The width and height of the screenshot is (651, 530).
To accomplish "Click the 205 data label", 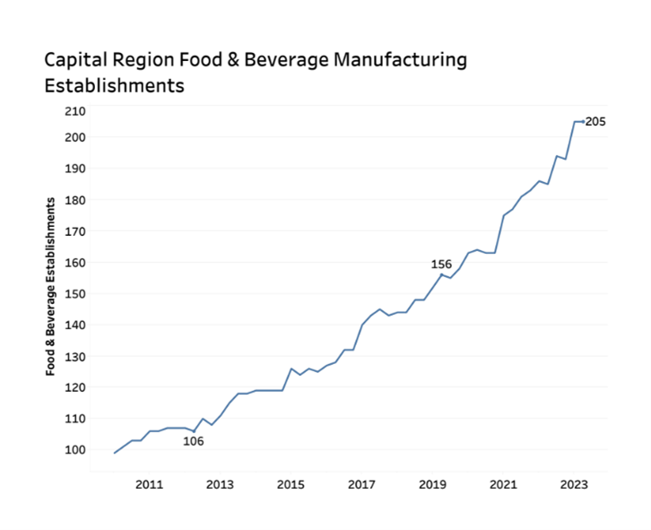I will (596, 122).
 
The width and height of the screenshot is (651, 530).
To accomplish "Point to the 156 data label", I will (441, 265).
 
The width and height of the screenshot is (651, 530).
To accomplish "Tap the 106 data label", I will (194, 440).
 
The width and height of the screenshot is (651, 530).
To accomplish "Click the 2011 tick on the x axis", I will (149, 485).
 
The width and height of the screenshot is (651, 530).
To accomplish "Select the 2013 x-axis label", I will (220, 485).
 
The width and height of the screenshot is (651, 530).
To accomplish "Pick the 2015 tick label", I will (291, 485).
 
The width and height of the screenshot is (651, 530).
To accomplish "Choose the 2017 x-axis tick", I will (361, 485).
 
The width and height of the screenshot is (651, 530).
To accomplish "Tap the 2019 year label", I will (432, 485).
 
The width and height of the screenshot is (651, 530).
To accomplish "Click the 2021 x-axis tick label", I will (503, 485).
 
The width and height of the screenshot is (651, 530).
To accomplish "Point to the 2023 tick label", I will (574, 485).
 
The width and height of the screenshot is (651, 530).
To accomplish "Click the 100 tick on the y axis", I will (76, 450).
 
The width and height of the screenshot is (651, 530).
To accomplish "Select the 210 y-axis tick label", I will (76, 111).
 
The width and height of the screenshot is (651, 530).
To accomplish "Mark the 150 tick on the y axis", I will (76, 294).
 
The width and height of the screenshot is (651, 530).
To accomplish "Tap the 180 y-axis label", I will (76, 200).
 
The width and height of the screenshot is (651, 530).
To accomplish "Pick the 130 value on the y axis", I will (76, 357).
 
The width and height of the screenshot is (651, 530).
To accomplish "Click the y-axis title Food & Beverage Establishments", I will (51, 285).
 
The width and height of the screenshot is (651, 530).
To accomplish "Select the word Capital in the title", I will (78, 61).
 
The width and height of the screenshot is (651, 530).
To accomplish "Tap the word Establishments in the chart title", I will (115, 86).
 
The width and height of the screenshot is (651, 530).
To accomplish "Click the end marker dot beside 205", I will (583, 122).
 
